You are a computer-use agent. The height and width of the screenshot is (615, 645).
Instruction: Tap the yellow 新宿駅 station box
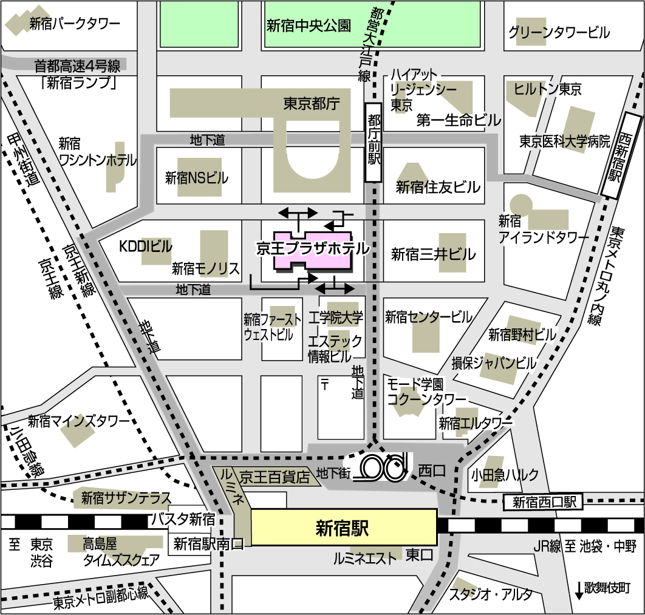pos(343,527)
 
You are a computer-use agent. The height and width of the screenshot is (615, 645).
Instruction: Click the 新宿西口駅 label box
pos(543,502)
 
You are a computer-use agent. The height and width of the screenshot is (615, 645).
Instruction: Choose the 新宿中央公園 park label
pos(309,25)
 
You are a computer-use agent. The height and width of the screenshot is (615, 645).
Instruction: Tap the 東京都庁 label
pos(310,104)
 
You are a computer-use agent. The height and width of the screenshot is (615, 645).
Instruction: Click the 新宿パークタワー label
pos(75,24)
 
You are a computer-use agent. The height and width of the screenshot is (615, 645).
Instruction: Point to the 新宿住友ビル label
pos(438,187)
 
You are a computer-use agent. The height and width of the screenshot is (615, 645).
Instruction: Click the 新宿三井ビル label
pos(433,254)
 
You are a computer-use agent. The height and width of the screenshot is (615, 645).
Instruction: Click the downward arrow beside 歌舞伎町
pos(579,589)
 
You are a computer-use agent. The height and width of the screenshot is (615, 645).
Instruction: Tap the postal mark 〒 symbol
pos(325,384)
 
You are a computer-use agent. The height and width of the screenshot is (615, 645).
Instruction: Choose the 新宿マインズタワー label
pos(79,421)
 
